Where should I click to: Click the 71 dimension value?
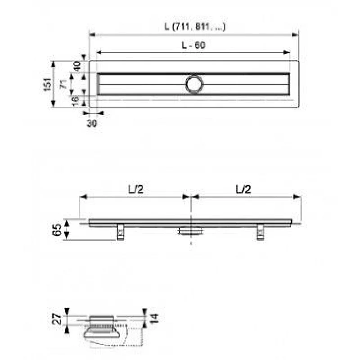click(x=64, y=83)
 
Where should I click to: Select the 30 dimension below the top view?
click(x=92, y=123)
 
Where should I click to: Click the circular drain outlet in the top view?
click(x=194, y=84)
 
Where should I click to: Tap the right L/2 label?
click(x=243, y=189)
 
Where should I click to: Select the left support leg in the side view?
click(x=121, y=232)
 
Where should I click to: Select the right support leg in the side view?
click(x=260, y=232)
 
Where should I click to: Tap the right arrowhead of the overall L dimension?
click(x=297, y=34)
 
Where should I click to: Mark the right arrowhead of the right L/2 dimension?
click(x=298, y=196)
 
